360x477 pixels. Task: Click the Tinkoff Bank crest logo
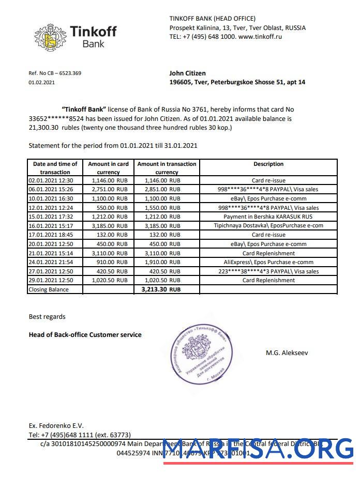point(50,37)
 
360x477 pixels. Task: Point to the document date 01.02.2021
point(41,82)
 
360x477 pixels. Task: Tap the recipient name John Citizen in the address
point(187,73)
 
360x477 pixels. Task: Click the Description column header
point(268,164)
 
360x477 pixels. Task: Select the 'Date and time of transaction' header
point(55,168)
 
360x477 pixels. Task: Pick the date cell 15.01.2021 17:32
point(51,217)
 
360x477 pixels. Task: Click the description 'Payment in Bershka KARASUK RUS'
point(268,217)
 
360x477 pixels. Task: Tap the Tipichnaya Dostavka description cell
point(268,226)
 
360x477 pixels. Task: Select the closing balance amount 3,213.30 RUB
point(160,290)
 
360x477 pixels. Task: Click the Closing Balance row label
point(48,290)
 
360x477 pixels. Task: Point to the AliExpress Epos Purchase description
point(268,262)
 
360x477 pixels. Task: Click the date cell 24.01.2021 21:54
point(51,262)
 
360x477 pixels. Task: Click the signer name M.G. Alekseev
point(287,353)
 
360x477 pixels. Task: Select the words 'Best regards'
point(47,316)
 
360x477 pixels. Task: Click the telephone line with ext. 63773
point(80,435)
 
